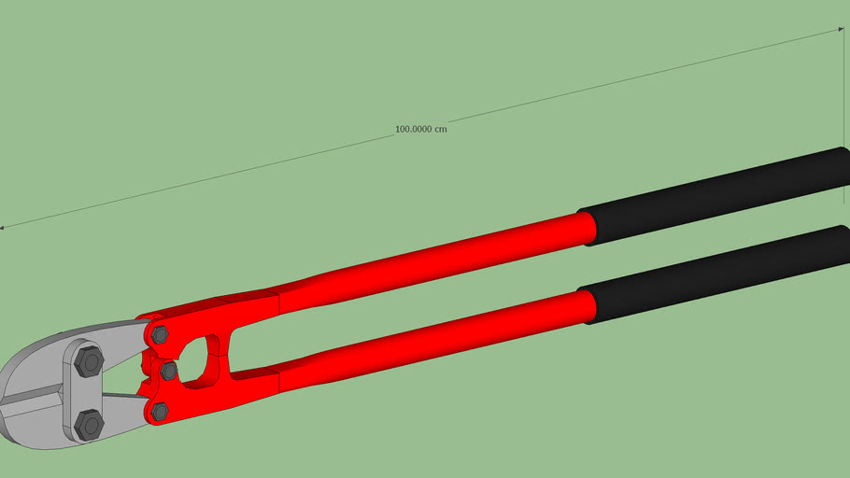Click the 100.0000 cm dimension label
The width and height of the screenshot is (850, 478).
[420, 129]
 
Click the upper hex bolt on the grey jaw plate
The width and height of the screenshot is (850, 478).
[89, 360]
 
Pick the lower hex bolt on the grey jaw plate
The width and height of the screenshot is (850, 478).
[89, 425]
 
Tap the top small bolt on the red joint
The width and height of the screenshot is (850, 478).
[160, 334]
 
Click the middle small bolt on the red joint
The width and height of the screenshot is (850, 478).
[169, 372]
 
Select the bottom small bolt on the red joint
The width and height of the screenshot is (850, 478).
[160, 411]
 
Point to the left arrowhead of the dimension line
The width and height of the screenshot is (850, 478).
[4, 227]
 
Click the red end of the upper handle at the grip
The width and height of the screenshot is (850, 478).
[586, 229]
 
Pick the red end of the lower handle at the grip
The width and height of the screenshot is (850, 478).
[586, 307]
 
